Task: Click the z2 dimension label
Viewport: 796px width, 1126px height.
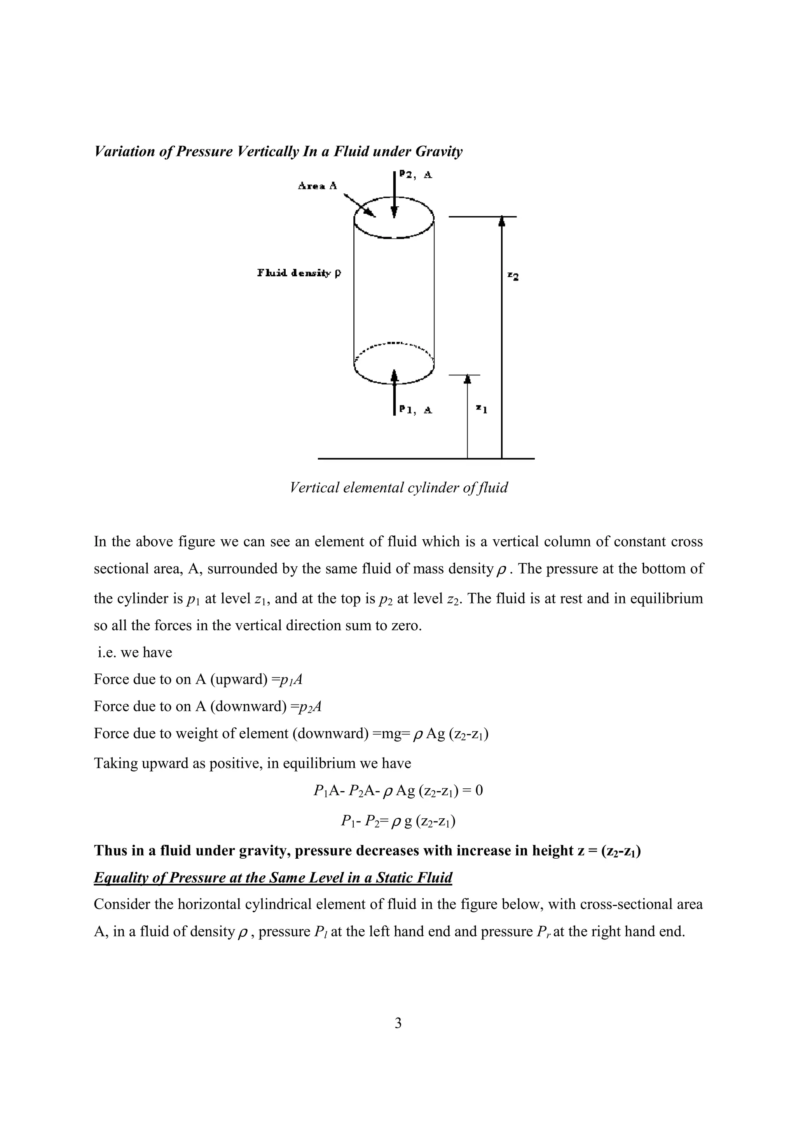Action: [x=513, y=276]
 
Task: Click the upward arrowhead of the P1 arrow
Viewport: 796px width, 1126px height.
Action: [x=394, y=375]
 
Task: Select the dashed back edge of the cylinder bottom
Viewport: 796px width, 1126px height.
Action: [x=394, y=344]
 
